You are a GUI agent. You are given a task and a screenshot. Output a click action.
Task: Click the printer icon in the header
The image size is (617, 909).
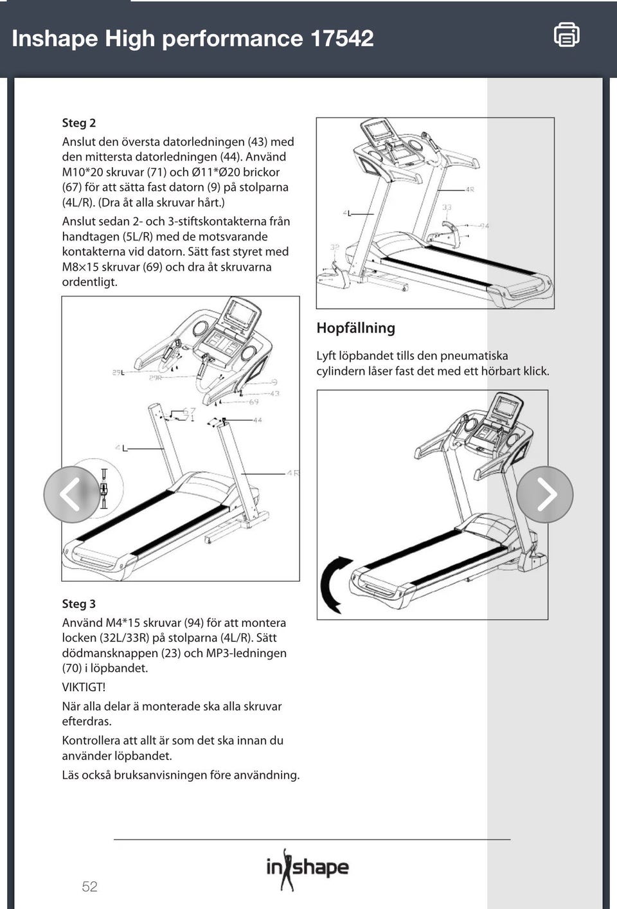566,35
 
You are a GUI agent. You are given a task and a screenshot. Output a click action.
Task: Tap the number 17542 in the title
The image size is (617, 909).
342,39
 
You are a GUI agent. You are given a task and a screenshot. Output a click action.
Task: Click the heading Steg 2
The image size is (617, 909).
78,123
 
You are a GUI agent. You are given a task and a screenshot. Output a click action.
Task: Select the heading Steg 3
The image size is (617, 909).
78,604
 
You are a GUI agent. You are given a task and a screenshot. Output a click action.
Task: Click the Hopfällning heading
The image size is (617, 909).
355,328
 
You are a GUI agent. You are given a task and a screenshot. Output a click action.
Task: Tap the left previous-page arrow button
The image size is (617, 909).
71,494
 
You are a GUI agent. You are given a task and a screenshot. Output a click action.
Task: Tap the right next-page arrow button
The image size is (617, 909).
545,494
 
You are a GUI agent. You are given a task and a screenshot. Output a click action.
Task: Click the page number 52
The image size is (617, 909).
89,887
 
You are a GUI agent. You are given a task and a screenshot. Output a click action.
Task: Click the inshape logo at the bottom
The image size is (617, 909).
307,869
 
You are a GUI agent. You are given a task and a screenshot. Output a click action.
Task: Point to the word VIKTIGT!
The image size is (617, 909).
84,687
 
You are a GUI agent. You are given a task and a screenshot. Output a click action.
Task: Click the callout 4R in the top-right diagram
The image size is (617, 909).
470,190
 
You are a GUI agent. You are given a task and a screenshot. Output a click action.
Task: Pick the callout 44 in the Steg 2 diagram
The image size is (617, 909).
257,420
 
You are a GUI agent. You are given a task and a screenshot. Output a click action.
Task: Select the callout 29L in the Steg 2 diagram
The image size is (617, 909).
118,372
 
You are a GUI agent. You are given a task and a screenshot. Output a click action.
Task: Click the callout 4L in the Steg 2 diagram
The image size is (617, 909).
121,448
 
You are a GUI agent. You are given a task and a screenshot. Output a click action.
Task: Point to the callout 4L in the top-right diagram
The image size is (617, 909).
347,213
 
